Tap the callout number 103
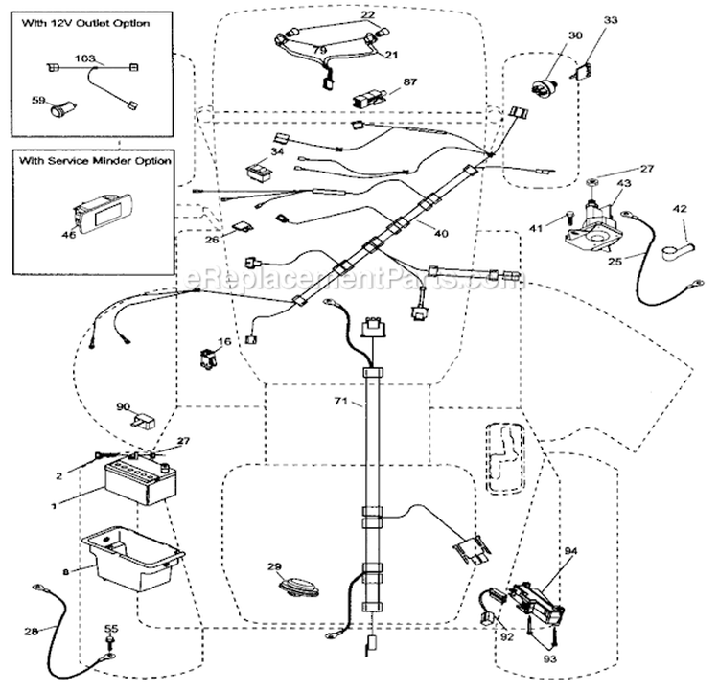[x=85, y=58]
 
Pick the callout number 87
[x=409, y=83]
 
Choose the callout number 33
[x=612, y=19]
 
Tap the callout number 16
[x=224, y=341]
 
